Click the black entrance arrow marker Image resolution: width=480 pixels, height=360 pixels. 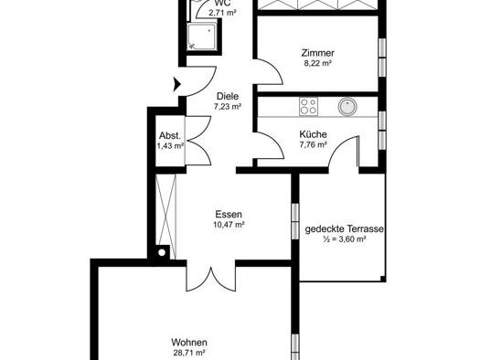pos(177,84)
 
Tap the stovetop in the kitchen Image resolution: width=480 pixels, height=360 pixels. pos(309,106)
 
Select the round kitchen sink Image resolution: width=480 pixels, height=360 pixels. pos(347,106)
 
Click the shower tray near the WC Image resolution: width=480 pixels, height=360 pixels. pos(202,37)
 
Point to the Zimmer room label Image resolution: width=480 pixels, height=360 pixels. pos(318,53)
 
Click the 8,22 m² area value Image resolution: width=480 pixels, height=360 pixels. pos(318,63)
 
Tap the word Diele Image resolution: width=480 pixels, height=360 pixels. pos(228,96)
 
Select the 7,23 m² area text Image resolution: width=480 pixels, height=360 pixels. pos(228,107)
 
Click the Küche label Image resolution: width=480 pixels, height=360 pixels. pos(313,134)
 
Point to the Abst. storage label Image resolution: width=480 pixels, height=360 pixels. pos(170,135)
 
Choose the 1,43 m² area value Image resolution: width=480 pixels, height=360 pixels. pos(170,146)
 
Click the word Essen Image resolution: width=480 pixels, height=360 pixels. pos(229,214)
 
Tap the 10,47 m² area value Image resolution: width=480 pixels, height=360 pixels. pos(229,225)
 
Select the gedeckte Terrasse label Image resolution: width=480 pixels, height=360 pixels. pos(344,229)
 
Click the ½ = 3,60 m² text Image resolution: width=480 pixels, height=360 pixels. pos(344,239)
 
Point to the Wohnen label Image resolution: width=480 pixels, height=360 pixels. pos(189,343)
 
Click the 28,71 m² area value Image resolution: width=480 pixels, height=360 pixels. pos(189,353)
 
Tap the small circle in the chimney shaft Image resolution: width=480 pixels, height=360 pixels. pos(162,253)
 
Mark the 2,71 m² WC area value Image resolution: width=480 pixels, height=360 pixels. pos(222,13)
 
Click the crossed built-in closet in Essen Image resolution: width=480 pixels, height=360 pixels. pos(165,217)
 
